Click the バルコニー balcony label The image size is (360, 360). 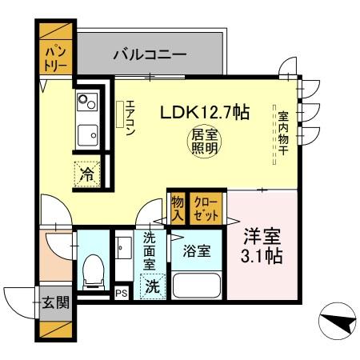[x=150, y=55]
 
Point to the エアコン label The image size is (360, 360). [x=130, y=118]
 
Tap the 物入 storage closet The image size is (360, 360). [x=177, y=209]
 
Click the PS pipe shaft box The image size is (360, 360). [x=122, y=294]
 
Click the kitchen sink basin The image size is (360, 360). [x=87, y=135]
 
